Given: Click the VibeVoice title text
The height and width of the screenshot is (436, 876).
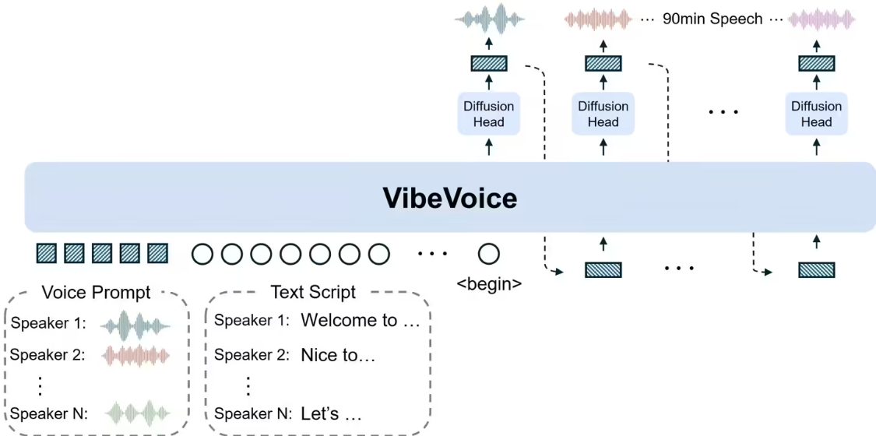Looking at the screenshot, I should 449,198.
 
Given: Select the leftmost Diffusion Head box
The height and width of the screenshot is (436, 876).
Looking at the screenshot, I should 489,114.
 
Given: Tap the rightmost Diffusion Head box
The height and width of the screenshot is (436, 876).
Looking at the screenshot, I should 816,114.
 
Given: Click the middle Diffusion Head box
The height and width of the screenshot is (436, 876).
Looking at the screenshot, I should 603,114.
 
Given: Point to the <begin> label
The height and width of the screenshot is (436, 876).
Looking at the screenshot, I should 489,283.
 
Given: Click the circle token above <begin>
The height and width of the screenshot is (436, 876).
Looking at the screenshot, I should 489,254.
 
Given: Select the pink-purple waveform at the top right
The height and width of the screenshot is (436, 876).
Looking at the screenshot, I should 821,19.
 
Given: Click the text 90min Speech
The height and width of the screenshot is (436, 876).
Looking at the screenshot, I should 712,19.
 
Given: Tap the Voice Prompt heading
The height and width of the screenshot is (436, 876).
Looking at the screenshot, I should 97,293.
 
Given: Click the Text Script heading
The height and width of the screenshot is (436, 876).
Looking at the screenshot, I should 313,293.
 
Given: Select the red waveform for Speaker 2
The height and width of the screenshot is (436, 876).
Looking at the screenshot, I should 135,355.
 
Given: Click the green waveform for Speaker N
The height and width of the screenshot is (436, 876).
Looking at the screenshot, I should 135,413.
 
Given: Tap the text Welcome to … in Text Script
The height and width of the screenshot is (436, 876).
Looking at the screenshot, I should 360,320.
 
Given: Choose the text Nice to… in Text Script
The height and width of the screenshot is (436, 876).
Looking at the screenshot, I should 338,355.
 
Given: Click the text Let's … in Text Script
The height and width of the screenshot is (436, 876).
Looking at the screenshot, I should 331,413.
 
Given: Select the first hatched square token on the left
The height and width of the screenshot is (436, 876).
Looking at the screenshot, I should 47,253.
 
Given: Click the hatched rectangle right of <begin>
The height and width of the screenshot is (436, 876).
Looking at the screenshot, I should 603,270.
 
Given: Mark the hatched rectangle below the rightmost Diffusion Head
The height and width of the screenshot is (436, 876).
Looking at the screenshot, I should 816,270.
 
